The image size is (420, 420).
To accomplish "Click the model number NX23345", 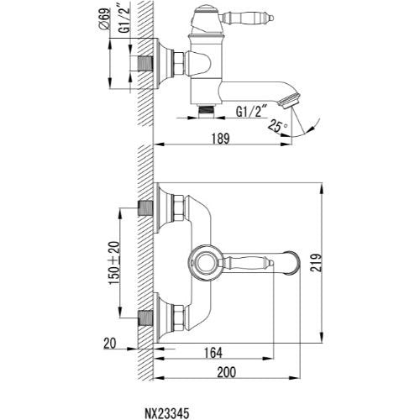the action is [x=166, y=413].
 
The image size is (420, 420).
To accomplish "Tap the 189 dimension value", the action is [x=220, y=139].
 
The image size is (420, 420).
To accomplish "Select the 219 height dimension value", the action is [x=317, y=262].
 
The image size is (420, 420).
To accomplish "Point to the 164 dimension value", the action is [x=213, y=353].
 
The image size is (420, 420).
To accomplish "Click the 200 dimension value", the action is [x=226, y=372].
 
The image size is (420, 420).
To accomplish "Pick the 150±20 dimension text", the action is [x=114, y=263].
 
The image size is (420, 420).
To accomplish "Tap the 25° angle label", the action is [x=277, y=125].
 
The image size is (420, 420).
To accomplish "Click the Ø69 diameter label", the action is [x=104, y=18].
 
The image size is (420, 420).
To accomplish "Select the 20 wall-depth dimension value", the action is [x=109, y=344].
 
